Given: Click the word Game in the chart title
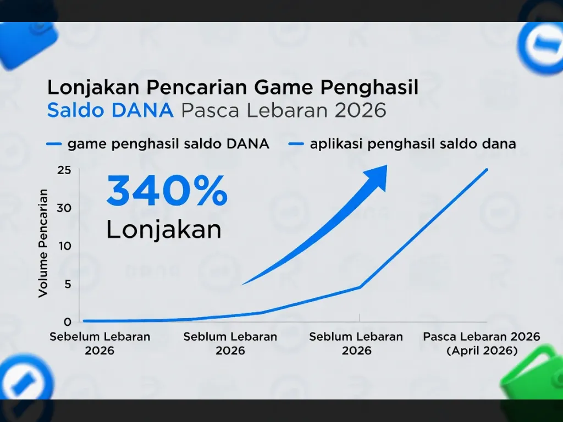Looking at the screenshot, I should (286, 87).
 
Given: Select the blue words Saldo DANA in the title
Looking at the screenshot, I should (110, 110).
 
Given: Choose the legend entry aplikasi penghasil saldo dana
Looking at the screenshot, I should (412, 145).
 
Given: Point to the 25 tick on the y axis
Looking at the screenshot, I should (64, 170).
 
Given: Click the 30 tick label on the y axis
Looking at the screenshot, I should (64, 208).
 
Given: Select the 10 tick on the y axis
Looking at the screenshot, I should (65, 246).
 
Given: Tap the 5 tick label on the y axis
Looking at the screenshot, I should (67, 284).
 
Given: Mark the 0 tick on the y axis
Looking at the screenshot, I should (67, 321).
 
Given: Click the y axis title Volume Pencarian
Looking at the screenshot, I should (43, 243).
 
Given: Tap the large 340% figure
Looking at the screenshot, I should (167, 191).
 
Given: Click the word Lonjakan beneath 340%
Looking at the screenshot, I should (164, 229).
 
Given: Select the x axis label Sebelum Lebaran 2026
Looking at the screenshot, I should (100, 343).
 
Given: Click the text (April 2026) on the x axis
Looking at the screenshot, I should (482, 351).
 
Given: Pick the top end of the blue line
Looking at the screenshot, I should (487, 169).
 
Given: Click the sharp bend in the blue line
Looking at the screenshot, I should (360, 287).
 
